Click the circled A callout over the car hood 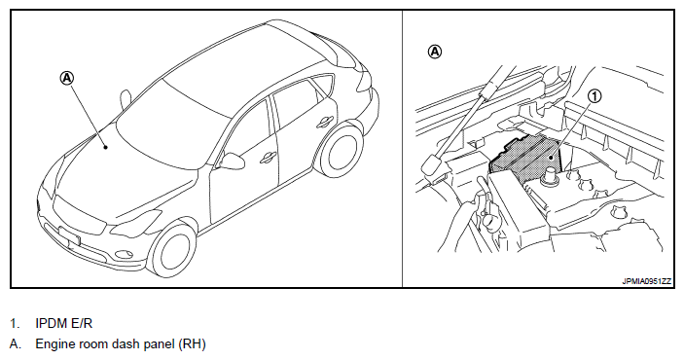pyautogui.click(x=67, y=79)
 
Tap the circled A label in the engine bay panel pyautogui.click(x=435, y=52)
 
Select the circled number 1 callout pyautogui.click(x=595, y=96)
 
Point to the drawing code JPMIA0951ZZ pyautogui.click(x=646, y=281)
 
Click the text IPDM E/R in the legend pyautogui.click(x=63, y=323)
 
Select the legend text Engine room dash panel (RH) pyautogui.click(x=121, y=344)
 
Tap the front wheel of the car pyautogui.click(x=173, y=249)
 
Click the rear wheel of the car pyautogui.click(x=342, y=149)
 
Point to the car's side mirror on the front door pyautogui.click(x=233, y=161)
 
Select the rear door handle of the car pyautogui.click(x=325, y=121)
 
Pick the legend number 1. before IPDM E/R pyautogui.click(x=15, y=323)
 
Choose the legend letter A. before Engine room pyautogui.click(x=15, y=344)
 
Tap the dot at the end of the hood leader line pyautogui.click(x=105, y=147)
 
